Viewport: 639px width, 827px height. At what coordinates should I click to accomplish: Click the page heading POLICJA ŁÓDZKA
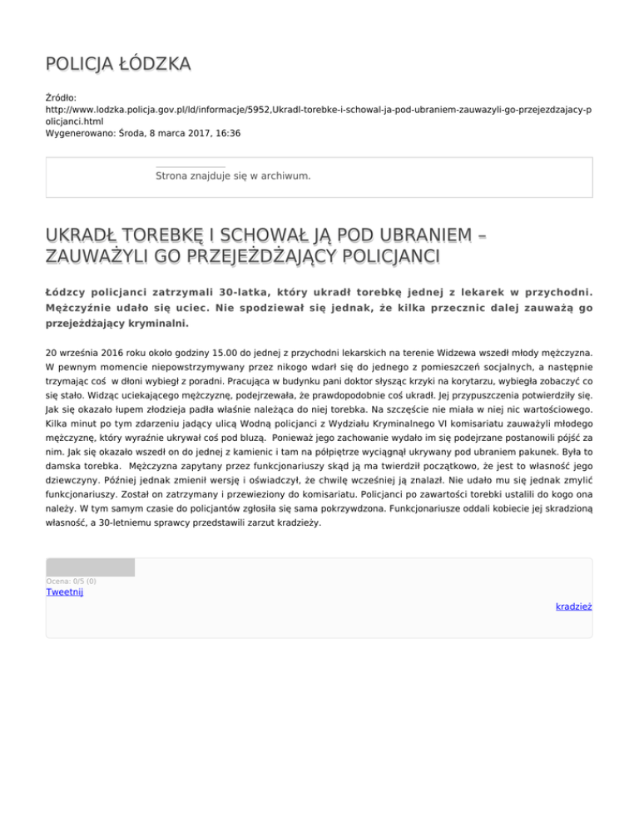click(117, 63)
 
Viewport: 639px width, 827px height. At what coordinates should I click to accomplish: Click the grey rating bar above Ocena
click(90, 567)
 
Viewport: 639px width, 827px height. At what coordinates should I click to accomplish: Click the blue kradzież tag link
click(573, 607)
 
